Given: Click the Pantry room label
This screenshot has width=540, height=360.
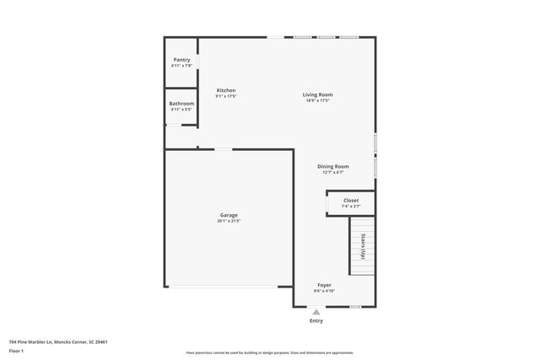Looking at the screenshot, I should pos(181,60).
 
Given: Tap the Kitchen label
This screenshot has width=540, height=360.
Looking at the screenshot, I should pos(226,90).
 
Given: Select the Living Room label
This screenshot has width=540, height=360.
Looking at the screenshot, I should pos(318,94).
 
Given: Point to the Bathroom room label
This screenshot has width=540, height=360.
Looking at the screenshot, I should pos(181,104).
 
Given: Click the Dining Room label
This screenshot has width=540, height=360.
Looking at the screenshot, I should pos(333,166).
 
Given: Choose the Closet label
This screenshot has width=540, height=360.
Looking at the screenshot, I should pos(351,201).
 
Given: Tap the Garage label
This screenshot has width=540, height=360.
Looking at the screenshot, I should pos(229,215).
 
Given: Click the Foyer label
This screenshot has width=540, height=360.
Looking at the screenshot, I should pos(325,285).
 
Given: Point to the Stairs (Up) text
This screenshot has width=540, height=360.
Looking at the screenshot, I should pos(363,244).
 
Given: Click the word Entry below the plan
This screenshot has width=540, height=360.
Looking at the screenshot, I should pos(316,320).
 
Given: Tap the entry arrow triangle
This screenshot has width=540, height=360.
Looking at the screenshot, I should pos(316,312).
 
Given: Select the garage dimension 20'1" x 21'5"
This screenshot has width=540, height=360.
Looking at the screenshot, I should pos(229,221).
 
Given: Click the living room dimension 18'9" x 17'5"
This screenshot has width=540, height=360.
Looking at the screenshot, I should pos(318,100).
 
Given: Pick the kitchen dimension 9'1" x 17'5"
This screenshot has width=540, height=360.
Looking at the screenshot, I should pos(226,96).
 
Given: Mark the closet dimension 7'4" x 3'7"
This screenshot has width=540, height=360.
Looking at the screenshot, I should pos(351,207).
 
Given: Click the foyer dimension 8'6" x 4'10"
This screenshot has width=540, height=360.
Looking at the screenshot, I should pos(325,291).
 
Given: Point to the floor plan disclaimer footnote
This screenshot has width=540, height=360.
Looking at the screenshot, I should pos(269,353).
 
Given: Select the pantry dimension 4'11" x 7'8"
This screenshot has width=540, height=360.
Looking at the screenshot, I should pos(181,66).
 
